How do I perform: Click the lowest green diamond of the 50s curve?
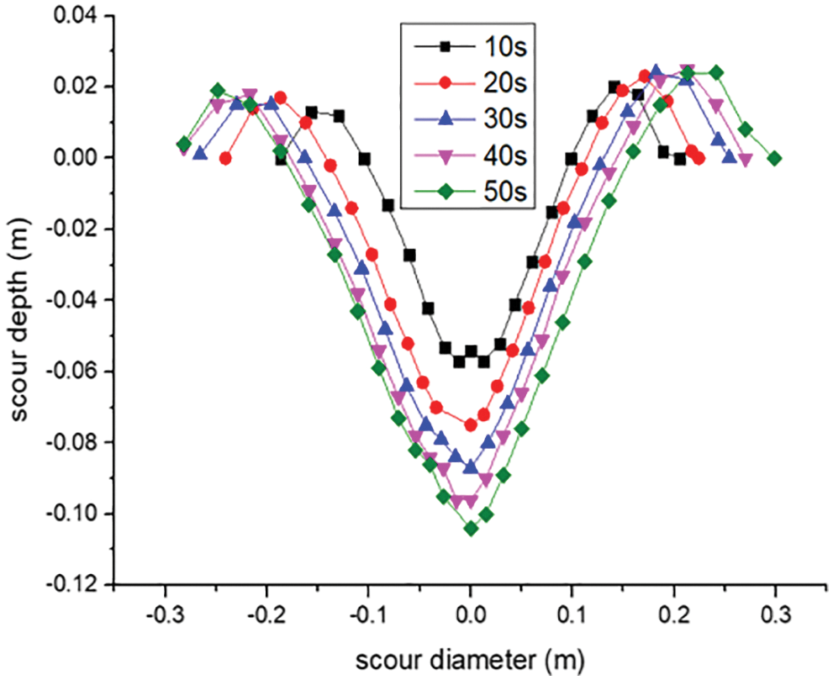(x=471, y=529)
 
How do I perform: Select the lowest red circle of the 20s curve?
(x=471, y=425)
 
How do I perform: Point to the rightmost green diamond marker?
(x=775, y=158)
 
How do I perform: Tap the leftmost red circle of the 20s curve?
(x=225, y=158)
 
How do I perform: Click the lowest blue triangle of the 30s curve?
(x=471, y=467)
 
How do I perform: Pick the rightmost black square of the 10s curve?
(x=679, y=159)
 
